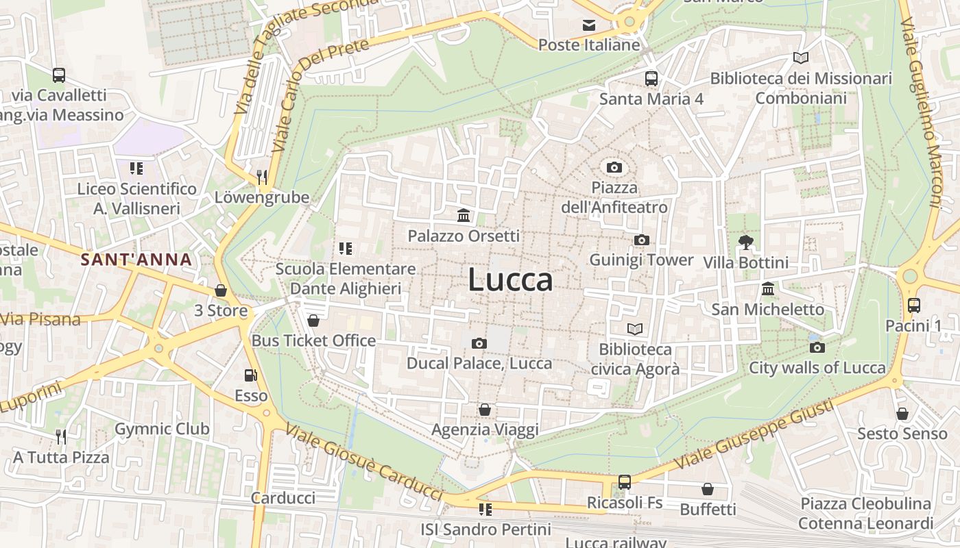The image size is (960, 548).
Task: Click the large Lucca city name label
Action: (x=510, y=280)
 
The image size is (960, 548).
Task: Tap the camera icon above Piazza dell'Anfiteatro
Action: (x=614, y=167)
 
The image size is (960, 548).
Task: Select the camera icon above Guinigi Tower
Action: (x=641, y=240)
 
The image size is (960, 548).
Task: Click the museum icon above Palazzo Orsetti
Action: (x=464, y=216)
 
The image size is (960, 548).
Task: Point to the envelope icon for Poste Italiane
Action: (x=589, y=25)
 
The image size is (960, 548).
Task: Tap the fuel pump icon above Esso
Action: (x=251, y=375)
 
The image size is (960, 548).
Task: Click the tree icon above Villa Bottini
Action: (x=745, y=242)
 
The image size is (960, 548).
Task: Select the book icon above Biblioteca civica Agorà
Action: (x=635, y=329)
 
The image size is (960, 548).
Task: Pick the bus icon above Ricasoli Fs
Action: (x=624, y=482)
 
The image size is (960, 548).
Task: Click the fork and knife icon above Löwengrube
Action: (x=261, y=177)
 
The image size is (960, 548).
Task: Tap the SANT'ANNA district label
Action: (x=136, y=260)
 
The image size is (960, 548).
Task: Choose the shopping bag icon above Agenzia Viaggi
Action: (x=485, y=410)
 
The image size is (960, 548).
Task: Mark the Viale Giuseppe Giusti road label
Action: (x=754, y=434)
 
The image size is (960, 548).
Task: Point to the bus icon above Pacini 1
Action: (x=913, y=306)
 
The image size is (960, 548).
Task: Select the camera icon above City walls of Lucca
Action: (x=817, y=347)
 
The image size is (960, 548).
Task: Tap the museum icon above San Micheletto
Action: (x=768, y=289)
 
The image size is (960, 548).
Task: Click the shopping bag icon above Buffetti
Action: (x=707, y=489)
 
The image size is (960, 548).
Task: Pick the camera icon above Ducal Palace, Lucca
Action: (x=479, y=343)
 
